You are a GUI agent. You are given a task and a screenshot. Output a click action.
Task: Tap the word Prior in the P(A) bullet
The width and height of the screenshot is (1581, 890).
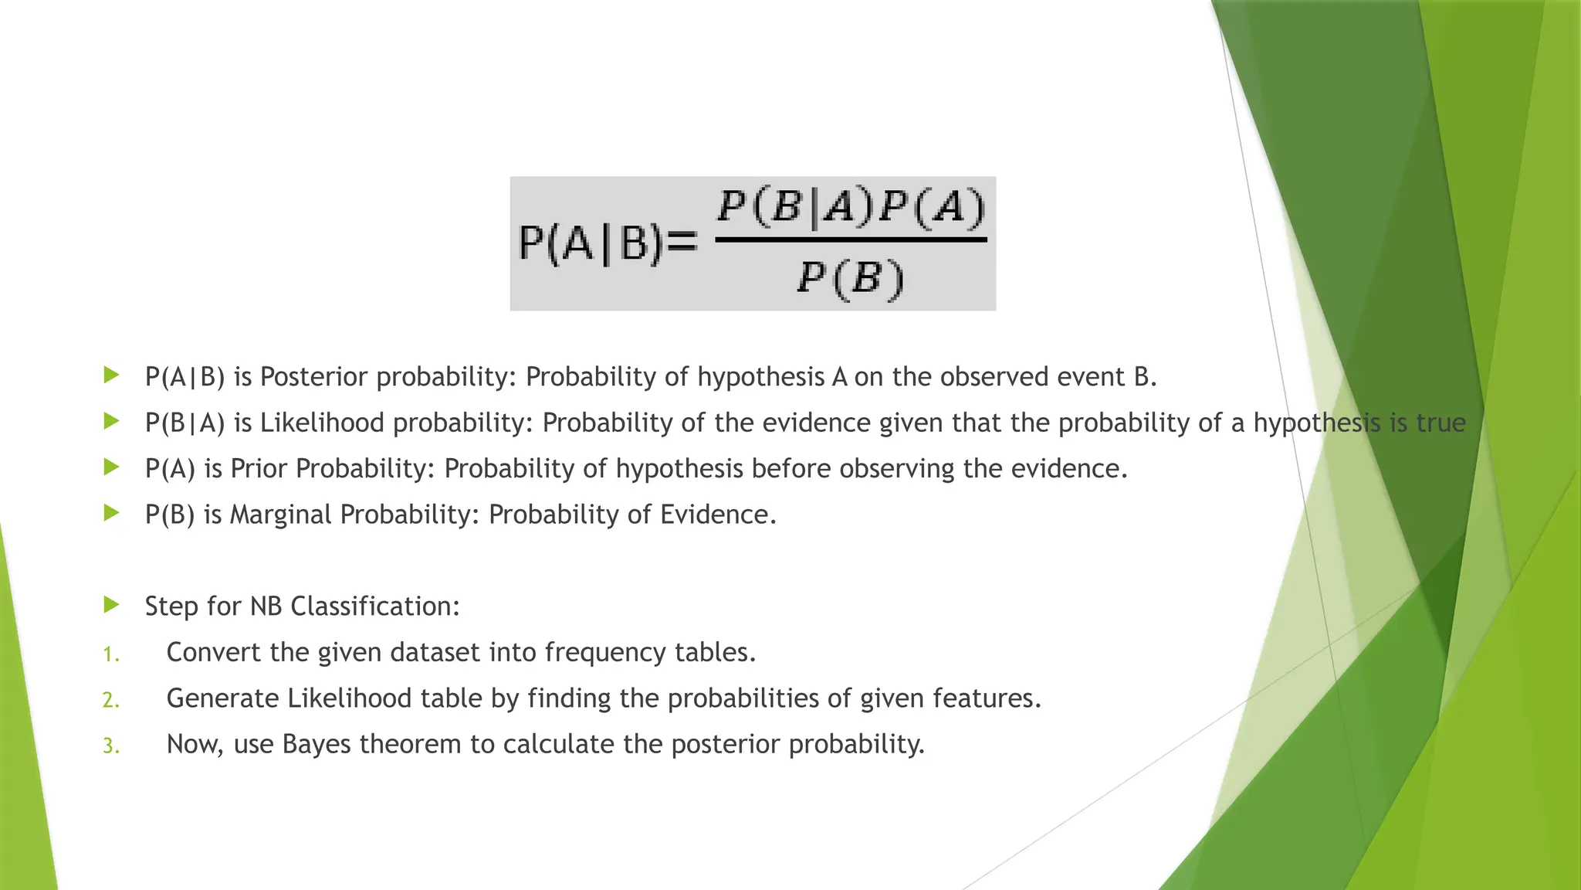tap(259, 469)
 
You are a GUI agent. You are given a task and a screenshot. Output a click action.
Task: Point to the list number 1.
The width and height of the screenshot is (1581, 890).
tap(110, 655)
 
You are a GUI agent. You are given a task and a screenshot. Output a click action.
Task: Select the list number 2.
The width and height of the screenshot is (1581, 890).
tap(110, 701)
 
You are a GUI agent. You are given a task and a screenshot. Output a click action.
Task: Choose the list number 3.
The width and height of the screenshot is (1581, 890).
tap(110, 746)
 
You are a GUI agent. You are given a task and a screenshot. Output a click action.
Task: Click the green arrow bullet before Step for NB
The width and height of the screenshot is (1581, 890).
tap(112, 605)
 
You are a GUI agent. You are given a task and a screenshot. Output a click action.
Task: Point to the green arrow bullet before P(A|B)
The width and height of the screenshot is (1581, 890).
tap(112, 375)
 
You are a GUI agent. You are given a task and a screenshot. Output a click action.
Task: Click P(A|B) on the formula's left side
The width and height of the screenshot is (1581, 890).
tap(591, 245)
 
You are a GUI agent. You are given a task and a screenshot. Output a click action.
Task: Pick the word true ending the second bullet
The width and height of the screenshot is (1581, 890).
tap(1441, 423)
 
